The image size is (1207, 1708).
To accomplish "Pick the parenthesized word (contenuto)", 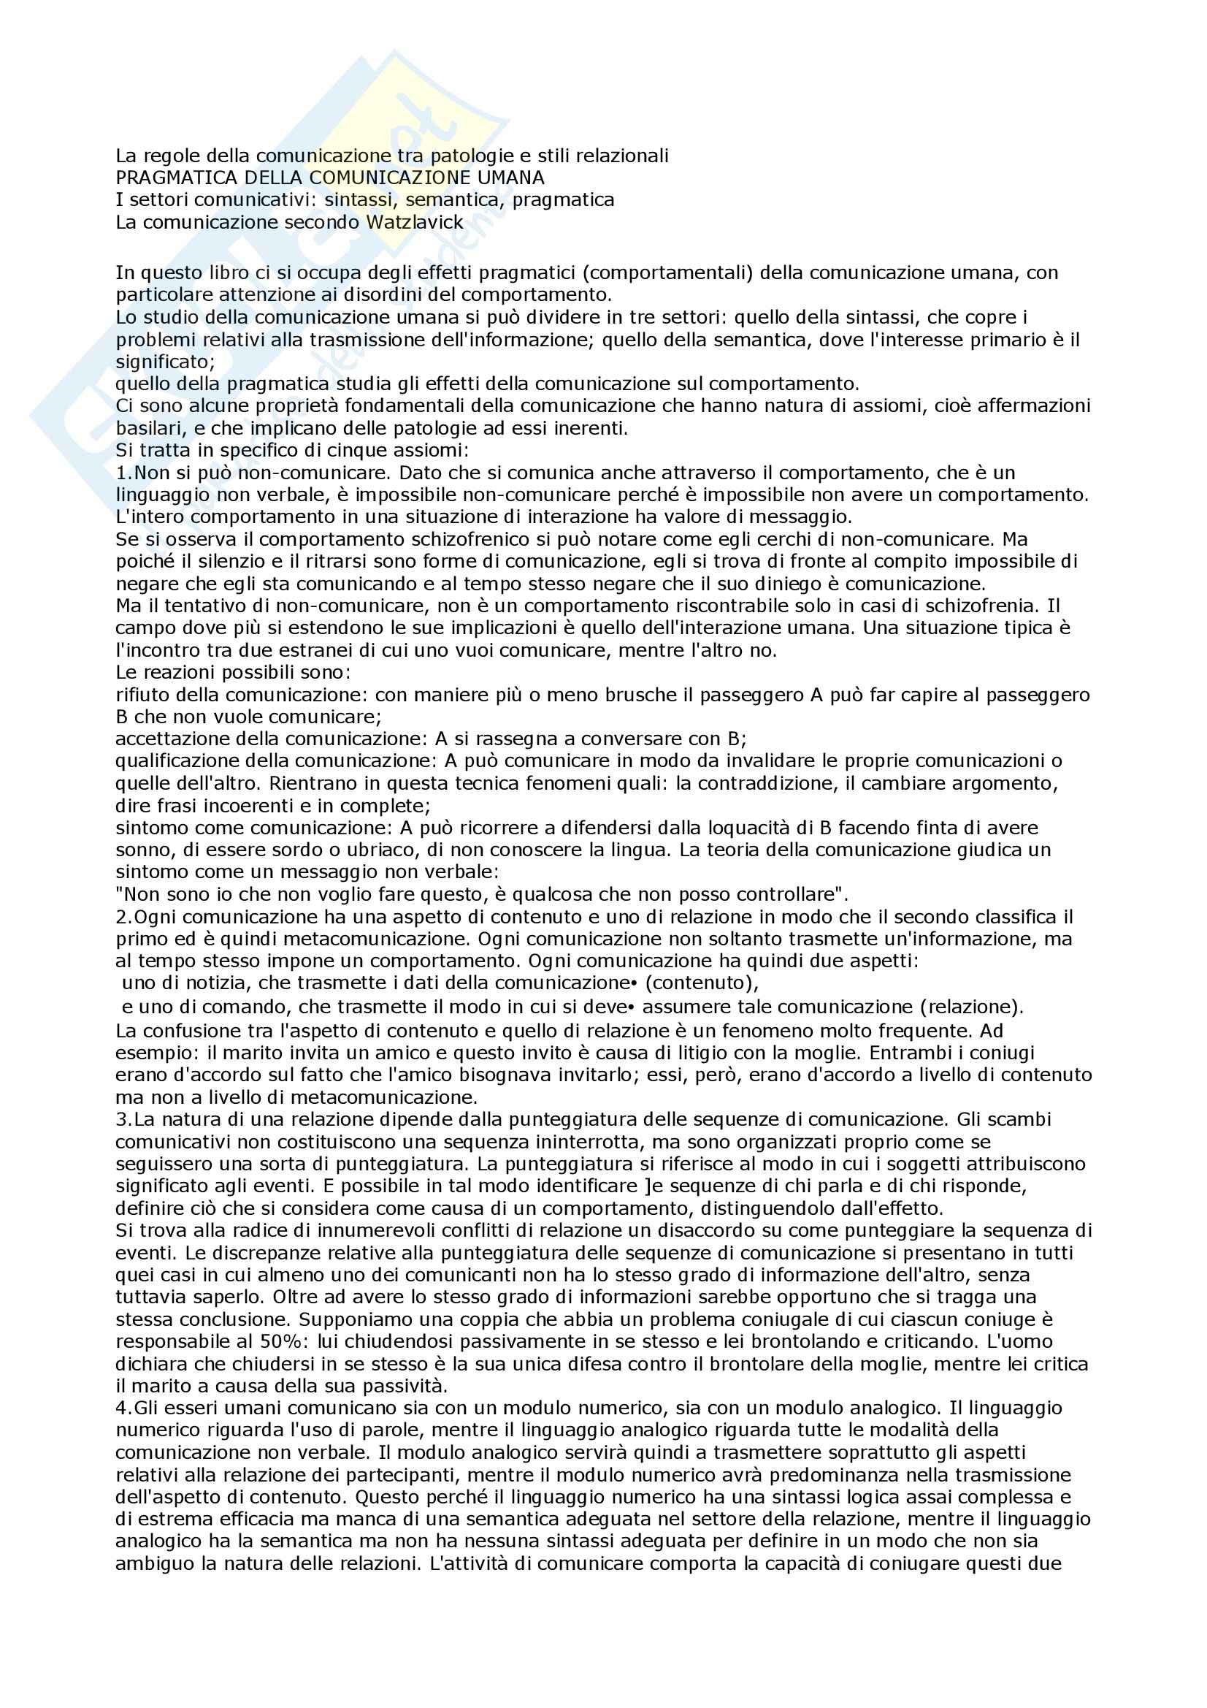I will [x=702, y=983].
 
